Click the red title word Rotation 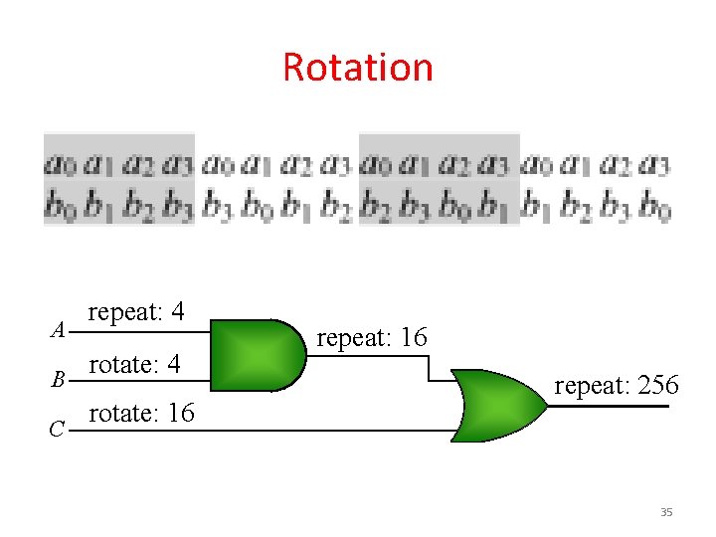tap(358, 68)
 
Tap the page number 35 tap(666, 512)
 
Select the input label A tap(59, 329)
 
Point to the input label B tap(59, 379)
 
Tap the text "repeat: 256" tap(617, 385)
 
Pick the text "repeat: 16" tap(371, 338)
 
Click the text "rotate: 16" tap(142, 413)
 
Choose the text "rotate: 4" tap(134, 364)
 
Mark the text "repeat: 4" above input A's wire tap(135, 312)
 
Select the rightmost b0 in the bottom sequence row tap(654, 208)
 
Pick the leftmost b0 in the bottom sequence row tap(61, 207)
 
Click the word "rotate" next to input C tap(117, 413)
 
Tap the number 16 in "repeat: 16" tap(412, 338)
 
